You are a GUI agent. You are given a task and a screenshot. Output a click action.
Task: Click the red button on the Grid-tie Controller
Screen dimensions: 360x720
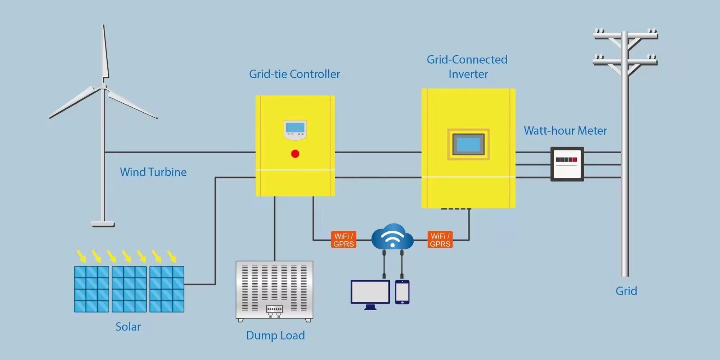(x=295, y=154)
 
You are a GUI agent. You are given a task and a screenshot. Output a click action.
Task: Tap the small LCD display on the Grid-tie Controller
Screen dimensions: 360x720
(x=295, y=128)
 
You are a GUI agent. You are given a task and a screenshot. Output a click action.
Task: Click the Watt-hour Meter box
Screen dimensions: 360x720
(x=567, y=164)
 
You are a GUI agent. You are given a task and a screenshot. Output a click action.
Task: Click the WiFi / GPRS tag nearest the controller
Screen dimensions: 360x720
(x=343, y=240)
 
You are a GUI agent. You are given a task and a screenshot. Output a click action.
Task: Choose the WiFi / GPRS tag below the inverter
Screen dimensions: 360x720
(x=440, y=240)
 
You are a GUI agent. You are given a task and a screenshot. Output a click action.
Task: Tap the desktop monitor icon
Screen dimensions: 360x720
(x=370, y=292)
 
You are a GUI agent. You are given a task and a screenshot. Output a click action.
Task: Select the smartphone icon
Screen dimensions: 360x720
(x=402, y=292)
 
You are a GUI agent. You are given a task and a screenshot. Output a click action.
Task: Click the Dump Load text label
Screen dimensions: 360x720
(x=275, y=336)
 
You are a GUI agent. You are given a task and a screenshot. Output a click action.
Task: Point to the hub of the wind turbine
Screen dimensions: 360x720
(x=103, y=86)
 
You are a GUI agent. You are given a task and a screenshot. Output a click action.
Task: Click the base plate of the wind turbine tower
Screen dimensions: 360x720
(x=103, y=224)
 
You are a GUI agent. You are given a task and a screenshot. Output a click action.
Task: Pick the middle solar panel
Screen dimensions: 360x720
(x=129, y=289)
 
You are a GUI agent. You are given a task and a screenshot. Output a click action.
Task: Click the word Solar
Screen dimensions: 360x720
(x=128, y=327)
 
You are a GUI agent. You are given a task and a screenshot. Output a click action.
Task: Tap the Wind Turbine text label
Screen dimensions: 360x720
(x=153, y=172)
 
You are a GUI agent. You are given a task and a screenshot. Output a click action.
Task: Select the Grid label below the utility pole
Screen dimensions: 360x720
(x=626, y=291)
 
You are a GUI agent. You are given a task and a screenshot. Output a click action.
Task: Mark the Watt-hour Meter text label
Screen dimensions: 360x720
(x=565, y=131)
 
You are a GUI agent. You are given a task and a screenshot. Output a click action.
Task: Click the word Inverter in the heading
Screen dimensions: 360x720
(x=468, y=74)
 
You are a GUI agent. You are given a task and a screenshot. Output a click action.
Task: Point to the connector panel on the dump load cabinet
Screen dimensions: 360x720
(x=274, y=309)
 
